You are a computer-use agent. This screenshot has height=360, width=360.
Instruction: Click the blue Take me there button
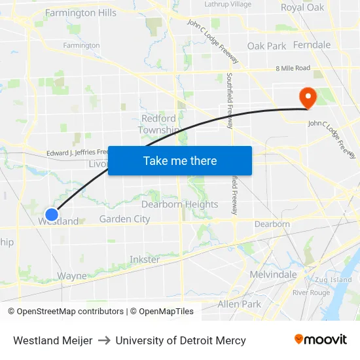pyautogui.click(x=180, y=161)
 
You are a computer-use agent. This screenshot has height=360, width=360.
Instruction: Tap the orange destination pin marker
pyautogui.click(x=307, y=98)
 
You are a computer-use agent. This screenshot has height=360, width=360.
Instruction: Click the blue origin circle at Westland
pyautogui.click(x=52, y=214)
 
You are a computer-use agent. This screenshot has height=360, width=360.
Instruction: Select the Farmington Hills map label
pyautogui.click(x=81, y=12)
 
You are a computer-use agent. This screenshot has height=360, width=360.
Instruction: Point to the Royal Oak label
pyautogui.click(x=302, y=8)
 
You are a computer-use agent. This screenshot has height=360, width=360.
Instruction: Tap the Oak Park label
pyautogui.click(x=266, y=46)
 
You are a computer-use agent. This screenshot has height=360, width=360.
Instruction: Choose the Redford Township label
pyautogui.click(x=158, y=124)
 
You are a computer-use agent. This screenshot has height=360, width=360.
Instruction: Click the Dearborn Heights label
pyautogui.click(x=180, y=204)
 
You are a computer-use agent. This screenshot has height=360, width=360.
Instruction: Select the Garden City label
pyautogui.click(x=124, y=219)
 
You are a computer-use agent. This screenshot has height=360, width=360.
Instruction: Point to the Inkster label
pyautogui.click(x=145, y=259)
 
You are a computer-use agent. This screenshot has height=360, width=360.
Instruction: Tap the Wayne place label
pyautogui.click(x=71, y=276)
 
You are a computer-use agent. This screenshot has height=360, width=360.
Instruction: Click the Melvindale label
pyautogui.click(x=273, y=275)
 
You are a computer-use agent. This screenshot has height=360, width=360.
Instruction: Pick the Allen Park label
pyautogui.click(x=239, y=304)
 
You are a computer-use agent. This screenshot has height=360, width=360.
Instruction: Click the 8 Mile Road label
pyautogui.click(x=293, y=67)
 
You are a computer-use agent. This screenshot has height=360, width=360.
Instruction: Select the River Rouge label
pyautogui.click(x=311, y=292)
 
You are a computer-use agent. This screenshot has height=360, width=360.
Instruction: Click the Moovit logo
pyautogui.click(x=321, y=340)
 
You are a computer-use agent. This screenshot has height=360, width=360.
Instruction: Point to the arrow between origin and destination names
pyautogui.click(x=103, y=340)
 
